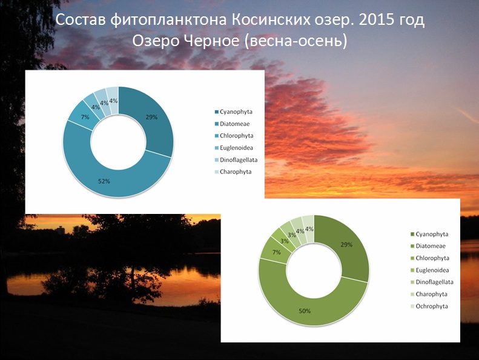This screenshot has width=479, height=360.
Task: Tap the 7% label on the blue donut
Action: click(x=85, y=117)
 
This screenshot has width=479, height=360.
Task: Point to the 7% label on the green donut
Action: click(x=277, y=252)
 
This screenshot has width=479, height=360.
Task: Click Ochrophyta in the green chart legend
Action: click(x=432, y=306)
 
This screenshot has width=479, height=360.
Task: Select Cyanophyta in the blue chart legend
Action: click(x=236, y=112)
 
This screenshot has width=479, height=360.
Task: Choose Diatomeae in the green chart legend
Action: click(x=431, y=246)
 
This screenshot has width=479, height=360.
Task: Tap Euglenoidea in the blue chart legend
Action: click(x=236, y=148)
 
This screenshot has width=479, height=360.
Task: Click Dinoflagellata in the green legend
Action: click(x=434, y=282)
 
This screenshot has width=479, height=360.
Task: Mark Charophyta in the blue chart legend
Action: click(x=236, y=172)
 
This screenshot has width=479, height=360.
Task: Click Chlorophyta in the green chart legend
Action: click(x=432, y=258)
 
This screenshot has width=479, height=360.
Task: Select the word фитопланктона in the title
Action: click(x=168, y=21)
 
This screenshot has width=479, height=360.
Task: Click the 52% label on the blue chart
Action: click(x=104, y=181)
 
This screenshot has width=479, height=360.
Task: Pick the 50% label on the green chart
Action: click(x=305, y=311)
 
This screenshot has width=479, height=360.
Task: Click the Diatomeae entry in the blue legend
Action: click(x=234, y=124)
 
